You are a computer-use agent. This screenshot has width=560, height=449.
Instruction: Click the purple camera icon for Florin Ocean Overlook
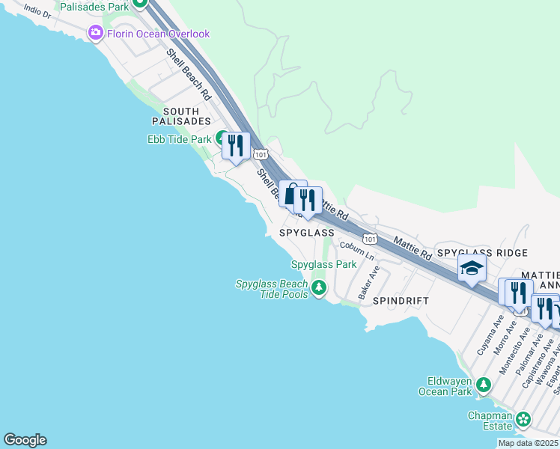coord(95,33)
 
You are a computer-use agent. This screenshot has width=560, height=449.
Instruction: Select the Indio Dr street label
coord(37,11)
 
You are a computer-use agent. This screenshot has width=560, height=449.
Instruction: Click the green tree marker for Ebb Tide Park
coord(222,138)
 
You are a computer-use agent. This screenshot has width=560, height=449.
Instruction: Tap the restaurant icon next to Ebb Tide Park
coord(236,144)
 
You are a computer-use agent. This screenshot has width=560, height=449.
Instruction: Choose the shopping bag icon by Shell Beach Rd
coord(291,192)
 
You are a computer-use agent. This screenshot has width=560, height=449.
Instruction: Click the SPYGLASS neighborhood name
coord(306,233)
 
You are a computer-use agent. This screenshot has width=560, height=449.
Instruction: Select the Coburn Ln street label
coord(356,250)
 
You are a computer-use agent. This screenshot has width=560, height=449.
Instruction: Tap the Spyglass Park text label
coord(323,264)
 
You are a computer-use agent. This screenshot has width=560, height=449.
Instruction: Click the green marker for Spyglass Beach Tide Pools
coord(319,287)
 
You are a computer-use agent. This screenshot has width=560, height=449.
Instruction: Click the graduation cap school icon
coord(472,268)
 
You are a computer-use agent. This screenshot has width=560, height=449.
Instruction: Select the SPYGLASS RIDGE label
coord(482,254)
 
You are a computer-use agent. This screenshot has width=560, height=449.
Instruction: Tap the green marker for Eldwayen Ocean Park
coord(484,385)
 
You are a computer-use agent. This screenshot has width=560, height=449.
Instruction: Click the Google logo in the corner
coord(25,440)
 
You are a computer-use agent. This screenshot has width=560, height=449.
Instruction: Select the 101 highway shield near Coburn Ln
coord(368,237)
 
